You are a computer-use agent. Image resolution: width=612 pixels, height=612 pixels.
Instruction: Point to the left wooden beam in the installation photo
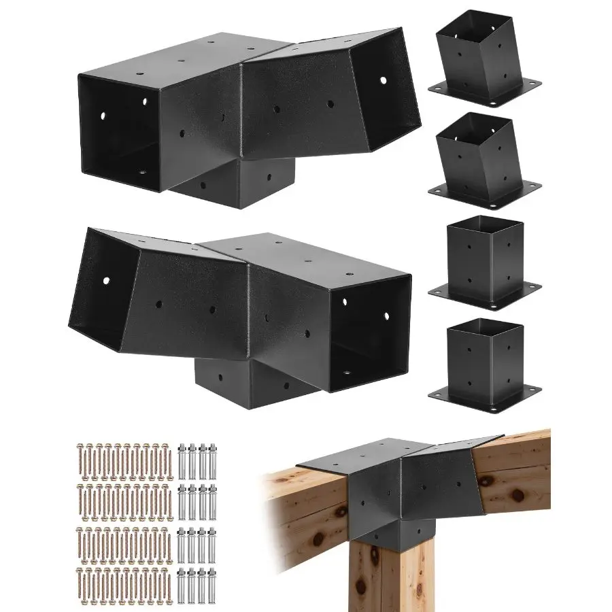pos(303,517)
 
